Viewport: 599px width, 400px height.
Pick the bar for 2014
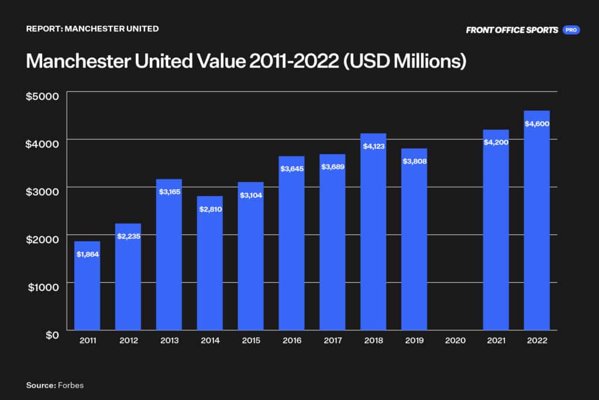coord(209,263)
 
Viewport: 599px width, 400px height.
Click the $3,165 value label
coord(168,191)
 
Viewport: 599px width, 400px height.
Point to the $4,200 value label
coord(495,142)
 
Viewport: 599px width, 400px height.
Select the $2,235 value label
coord(128,235)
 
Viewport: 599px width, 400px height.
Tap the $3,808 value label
coord(414,160)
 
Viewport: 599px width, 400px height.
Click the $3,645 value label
coord(291,168)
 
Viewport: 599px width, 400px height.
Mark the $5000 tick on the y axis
coord(42,96)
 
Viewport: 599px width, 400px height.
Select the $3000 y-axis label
coord(42,192)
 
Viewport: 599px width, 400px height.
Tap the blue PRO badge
coord(571,30)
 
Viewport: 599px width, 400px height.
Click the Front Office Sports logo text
coord(512,30)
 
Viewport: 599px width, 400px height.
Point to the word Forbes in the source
coord(70,385)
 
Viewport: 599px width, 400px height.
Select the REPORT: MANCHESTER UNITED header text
coord(92,28)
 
